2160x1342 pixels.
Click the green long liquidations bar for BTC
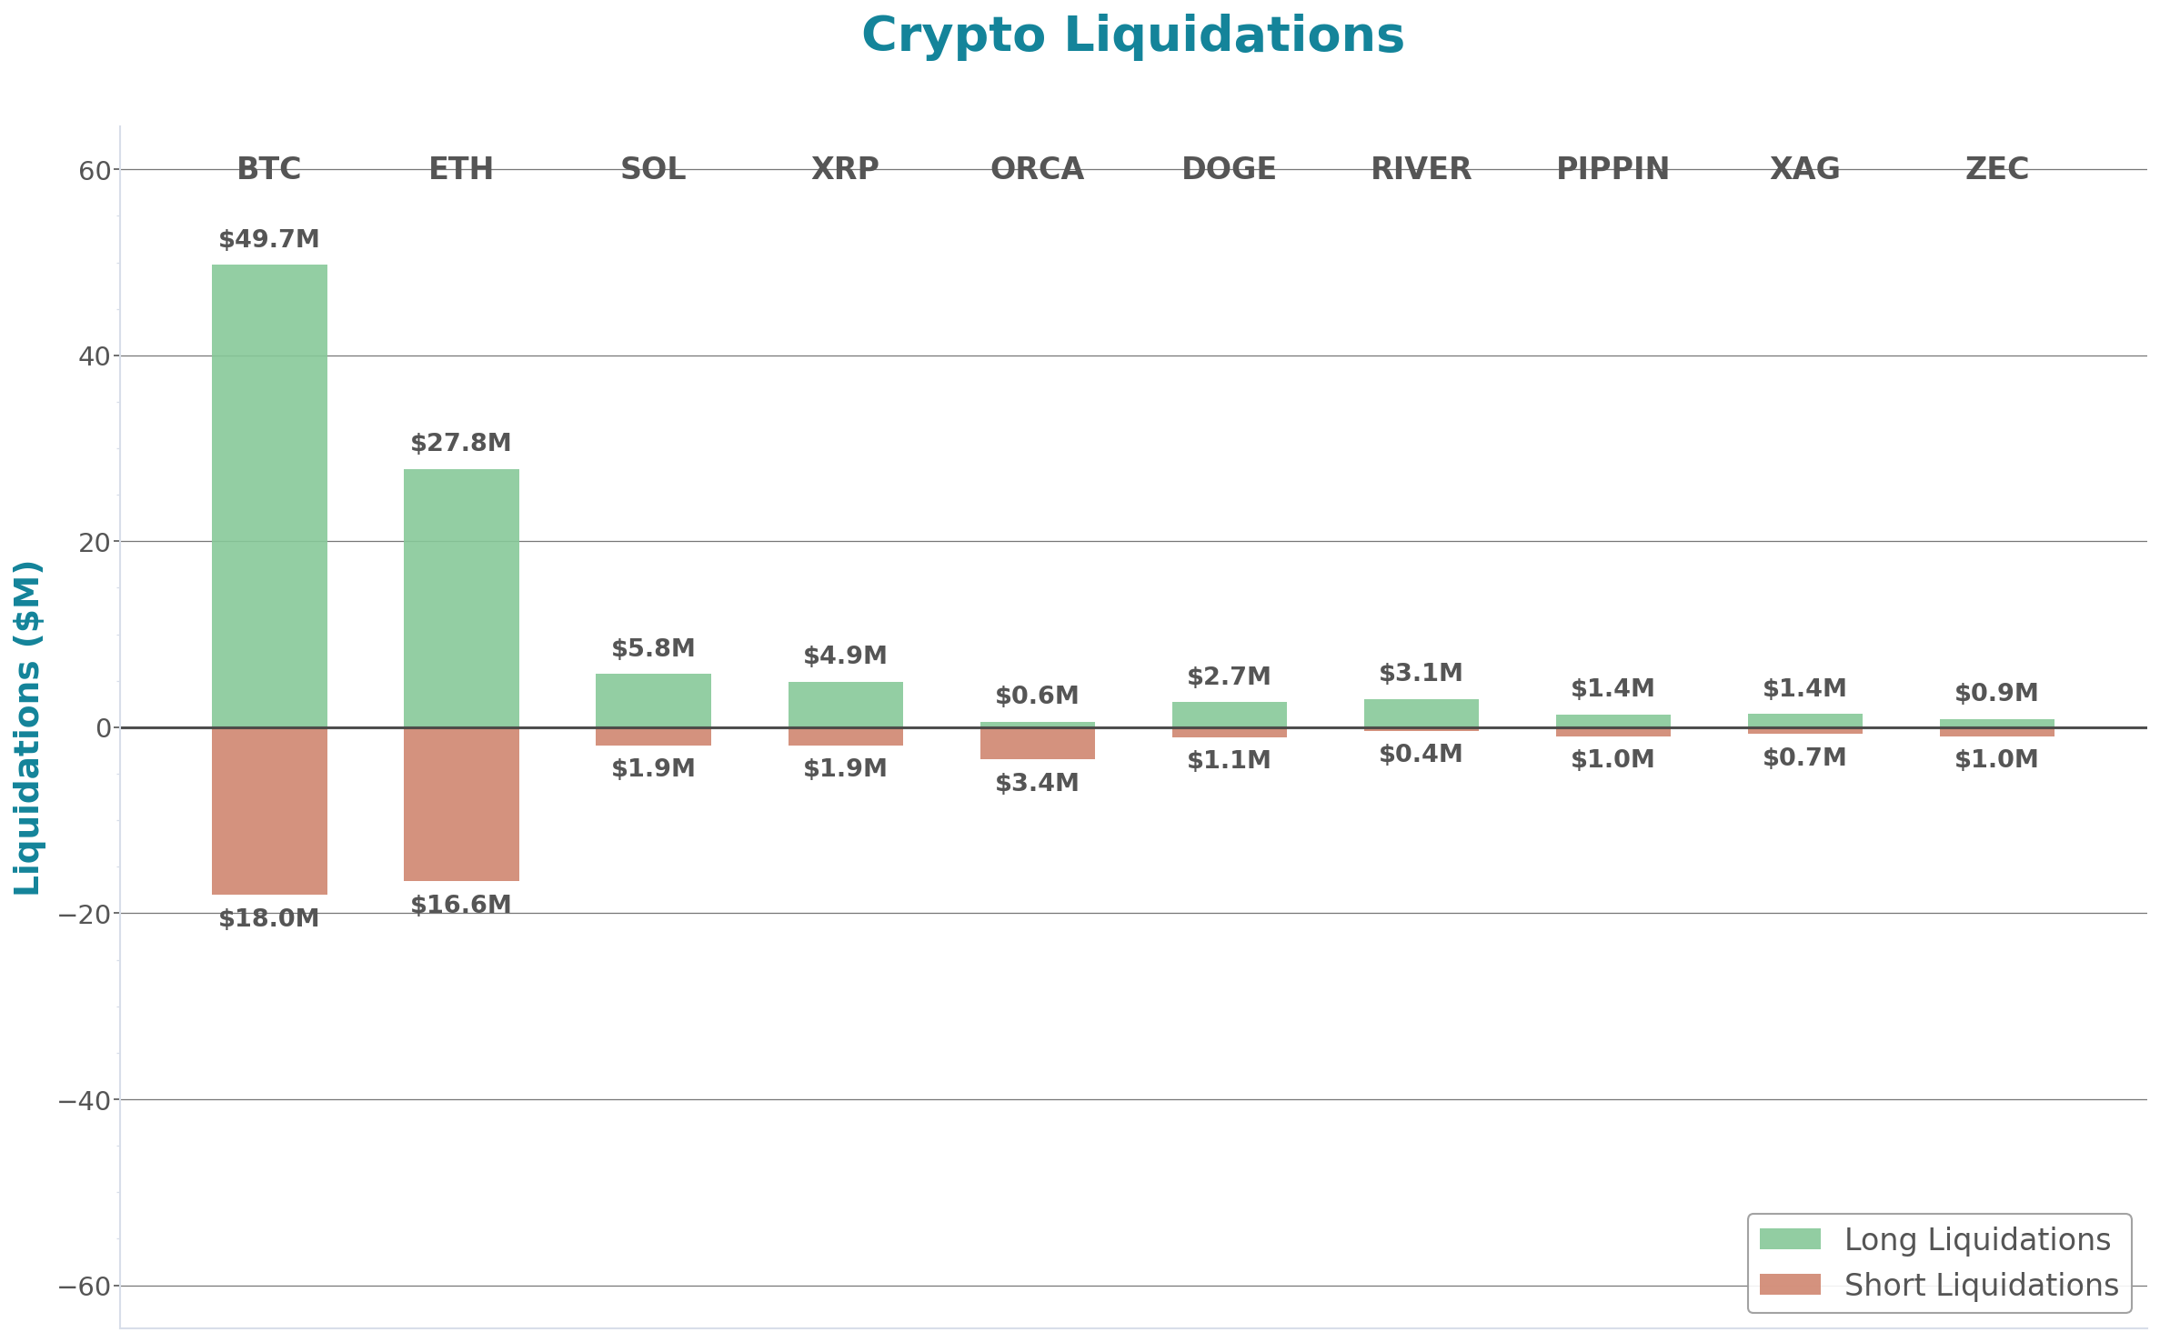click(x=269, y=496)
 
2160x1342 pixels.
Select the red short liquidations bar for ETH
click(x=461, y=804)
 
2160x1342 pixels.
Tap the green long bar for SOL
click(x=653, y=700)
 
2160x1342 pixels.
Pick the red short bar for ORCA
click(x=1037, y=744)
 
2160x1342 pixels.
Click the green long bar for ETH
click(x=461, y=597)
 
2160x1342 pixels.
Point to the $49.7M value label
click(x=269, y=239)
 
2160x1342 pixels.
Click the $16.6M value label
click(x=461, y=905)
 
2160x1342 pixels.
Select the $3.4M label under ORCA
click(x=1037, y=783)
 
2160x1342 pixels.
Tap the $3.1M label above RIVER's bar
click(x=1421, y=673)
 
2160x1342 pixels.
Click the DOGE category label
click(x=1229, y=168)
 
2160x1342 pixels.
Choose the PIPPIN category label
click(x=1612, y=168)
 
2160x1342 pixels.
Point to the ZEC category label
click(x=1996, y=168)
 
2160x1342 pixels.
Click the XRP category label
click(x=845, y=168)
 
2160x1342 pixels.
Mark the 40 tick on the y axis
click(x=94, y=356)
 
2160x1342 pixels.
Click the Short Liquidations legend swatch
click(x=1790, y=1285)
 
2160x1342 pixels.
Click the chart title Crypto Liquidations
click(x=1132, y=35)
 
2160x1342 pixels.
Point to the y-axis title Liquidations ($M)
click(x=28, y=727)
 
